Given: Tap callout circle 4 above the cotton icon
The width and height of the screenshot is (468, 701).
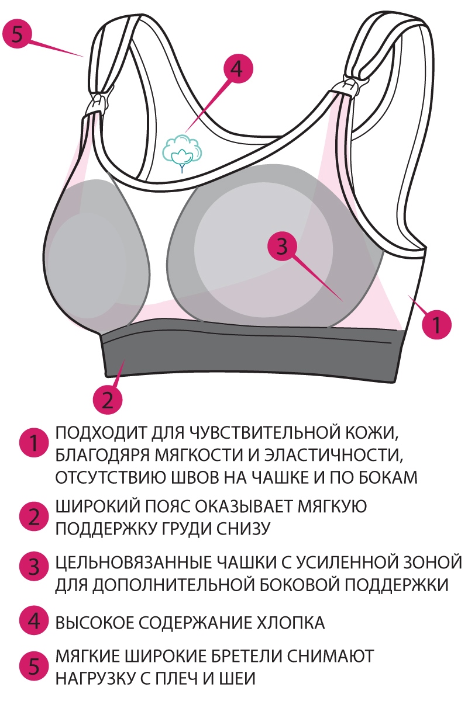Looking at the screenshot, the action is (x=235, y=69).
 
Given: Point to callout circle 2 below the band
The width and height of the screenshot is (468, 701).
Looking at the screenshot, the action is (x=108, y=400).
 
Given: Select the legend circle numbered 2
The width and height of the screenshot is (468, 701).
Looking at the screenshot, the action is (x=33, y=516).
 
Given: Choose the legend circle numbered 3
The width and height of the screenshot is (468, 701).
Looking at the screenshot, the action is (x=33, y=566).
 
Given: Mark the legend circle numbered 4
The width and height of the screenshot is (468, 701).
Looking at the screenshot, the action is (x=33, y=621).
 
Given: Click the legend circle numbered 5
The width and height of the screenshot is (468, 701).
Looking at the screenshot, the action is (x=33, y=666).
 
